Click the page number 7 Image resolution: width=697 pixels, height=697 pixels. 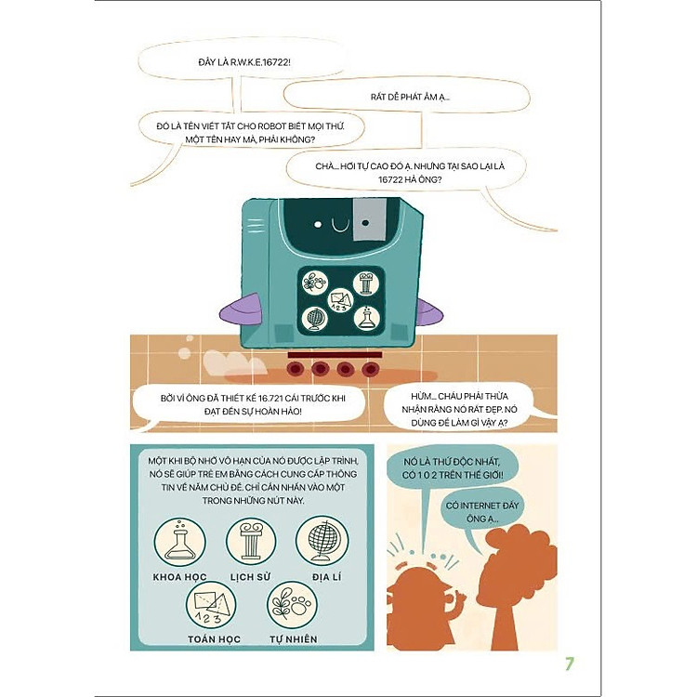pos(570,664)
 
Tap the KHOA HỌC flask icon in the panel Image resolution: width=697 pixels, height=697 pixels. pos(180,542)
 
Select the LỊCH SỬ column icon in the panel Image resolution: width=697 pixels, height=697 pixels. pos(251,542)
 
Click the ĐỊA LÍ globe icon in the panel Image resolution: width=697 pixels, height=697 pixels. pos(322,541)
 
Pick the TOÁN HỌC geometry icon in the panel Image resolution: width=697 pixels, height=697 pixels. pos(211,605)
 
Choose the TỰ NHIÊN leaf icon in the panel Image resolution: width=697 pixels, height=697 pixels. pos(292,605)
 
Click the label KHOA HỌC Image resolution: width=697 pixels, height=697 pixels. pos(180,577)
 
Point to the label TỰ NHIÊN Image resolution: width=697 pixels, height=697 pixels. pos(294,638)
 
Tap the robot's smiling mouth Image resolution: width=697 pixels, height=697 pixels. pos(341,226)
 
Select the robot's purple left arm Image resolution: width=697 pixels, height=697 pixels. pos(239,309)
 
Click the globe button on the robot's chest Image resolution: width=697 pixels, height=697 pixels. pos(315,319)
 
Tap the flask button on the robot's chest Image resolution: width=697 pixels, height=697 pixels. pos(366,318)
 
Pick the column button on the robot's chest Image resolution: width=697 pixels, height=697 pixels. pos(366,283)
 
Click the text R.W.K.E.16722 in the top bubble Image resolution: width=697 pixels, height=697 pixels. pos(260,62)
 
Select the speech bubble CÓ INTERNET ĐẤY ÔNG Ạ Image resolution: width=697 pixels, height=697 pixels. pos(481,512)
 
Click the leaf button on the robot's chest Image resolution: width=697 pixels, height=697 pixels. pos(315,283)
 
